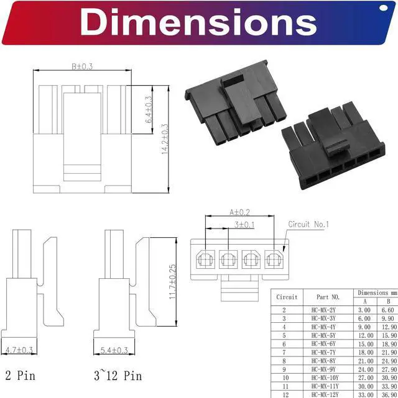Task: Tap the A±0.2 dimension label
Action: (x=239, y=212)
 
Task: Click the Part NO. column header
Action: (x=327, y=297)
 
